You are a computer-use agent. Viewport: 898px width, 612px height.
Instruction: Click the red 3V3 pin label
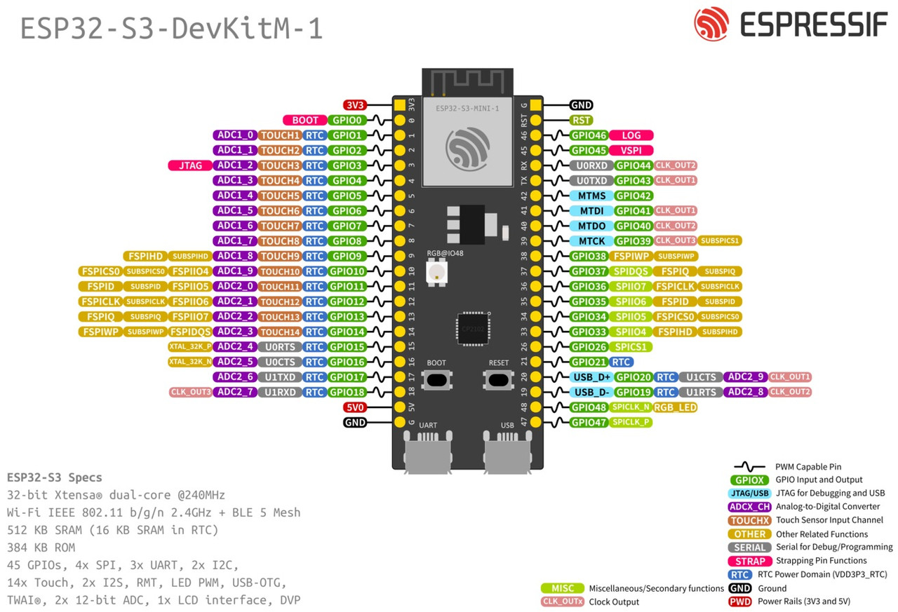click(356, 105)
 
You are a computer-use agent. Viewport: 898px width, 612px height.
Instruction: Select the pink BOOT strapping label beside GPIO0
click(305, 121)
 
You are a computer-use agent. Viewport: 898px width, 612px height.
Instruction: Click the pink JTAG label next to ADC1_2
click(190, 165)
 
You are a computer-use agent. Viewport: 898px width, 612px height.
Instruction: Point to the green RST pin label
click(582, 120)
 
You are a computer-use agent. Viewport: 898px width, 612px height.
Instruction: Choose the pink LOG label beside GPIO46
click(631, 135)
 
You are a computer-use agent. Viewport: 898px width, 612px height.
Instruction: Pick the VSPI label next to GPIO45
click(631, 150)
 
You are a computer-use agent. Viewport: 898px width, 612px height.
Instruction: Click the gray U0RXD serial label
click(591, 165)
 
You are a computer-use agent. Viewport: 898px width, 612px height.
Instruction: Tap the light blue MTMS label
click(591, 196)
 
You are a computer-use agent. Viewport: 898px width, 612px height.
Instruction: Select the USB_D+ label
click(591, 377)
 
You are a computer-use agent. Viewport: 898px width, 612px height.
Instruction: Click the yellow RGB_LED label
click(675, 407)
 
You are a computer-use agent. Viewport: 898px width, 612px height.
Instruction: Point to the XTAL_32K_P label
click(190, 346)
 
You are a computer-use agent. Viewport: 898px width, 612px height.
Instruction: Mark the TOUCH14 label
click(281, 332)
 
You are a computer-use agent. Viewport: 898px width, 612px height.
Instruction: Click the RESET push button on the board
click(499, 380)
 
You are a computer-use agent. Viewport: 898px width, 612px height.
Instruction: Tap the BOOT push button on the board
click(436, 380)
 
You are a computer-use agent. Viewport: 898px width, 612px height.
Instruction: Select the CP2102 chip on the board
click(471, 328)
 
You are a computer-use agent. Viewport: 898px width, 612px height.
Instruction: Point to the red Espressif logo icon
click(711, 25)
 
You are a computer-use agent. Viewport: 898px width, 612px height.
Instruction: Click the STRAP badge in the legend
click(750, 561)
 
